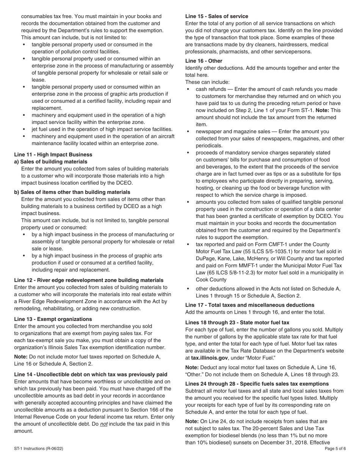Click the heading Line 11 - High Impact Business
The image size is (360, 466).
click(53, 155)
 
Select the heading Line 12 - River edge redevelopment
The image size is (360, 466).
click(89, 280)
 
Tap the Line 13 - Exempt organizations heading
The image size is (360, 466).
click(53, 319)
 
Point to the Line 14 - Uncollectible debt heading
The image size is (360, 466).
click(91, 375)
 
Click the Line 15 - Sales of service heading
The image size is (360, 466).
click(217, 16)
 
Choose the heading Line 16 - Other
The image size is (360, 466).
click(204, 61)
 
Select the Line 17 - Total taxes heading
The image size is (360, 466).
click(250, 305)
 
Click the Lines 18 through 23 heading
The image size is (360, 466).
click(237, 322)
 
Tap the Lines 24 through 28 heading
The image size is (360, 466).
click(257, 384)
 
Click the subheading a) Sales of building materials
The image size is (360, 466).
click(50, 162)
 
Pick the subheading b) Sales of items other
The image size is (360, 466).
click(72, 192)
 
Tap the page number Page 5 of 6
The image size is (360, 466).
click(335, 449)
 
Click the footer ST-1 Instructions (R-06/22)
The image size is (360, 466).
click(39, 449)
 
